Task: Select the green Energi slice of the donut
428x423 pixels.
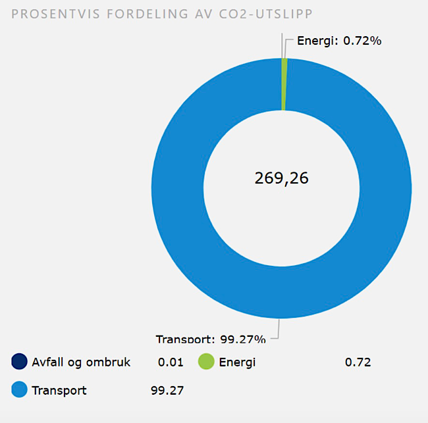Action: tap(284, 84)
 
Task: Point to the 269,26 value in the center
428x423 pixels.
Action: tap(282, 178)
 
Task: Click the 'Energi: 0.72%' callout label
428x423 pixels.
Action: tap(339, 41)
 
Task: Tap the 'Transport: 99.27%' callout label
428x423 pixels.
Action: tap(211, 339)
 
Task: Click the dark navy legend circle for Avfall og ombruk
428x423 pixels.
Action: tap(20, 362)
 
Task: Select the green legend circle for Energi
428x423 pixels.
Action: tap(207, 362)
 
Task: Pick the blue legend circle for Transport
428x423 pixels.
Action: tap(20, 390)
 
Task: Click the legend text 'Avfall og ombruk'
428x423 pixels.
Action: tap(81, 362)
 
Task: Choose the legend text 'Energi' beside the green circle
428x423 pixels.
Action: tap(237, 362)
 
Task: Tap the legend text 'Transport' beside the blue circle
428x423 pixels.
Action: tap(59, 390)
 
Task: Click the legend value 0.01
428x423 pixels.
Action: tap(171, 362)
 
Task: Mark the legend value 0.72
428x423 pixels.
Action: tap(358, 362)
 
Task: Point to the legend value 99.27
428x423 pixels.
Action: tap(167, 390)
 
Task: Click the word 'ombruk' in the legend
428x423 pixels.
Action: tap(110, 362)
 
